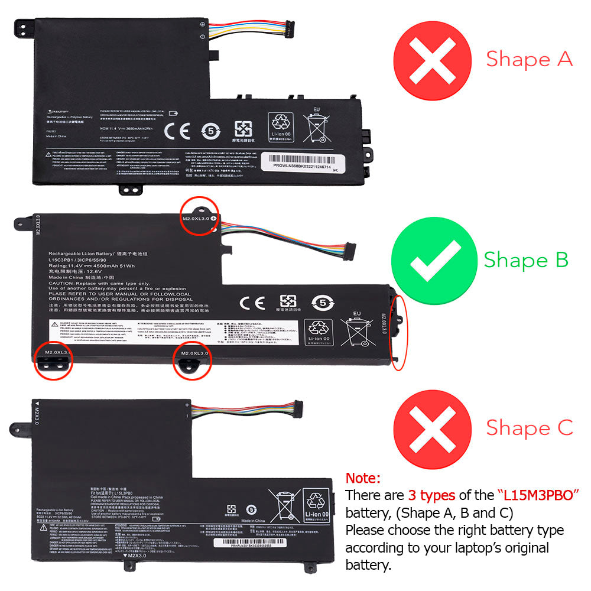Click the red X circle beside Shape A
(x=433, y=58)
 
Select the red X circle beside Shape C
(x=433, y=427)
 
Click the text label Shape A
(x=529, y=59)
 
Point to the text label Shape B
(x=526, y=259)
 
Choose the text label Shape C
(x=529, y=427)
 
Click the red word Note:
(x=363, y=478)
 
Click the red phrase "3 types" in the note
(x=431, y=495)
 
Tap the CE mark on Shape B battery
(x=251, y=302)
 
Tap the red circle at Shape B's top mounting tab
(x=199, y=216)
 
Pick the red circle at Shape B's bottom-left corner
(x=53, y=358)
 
